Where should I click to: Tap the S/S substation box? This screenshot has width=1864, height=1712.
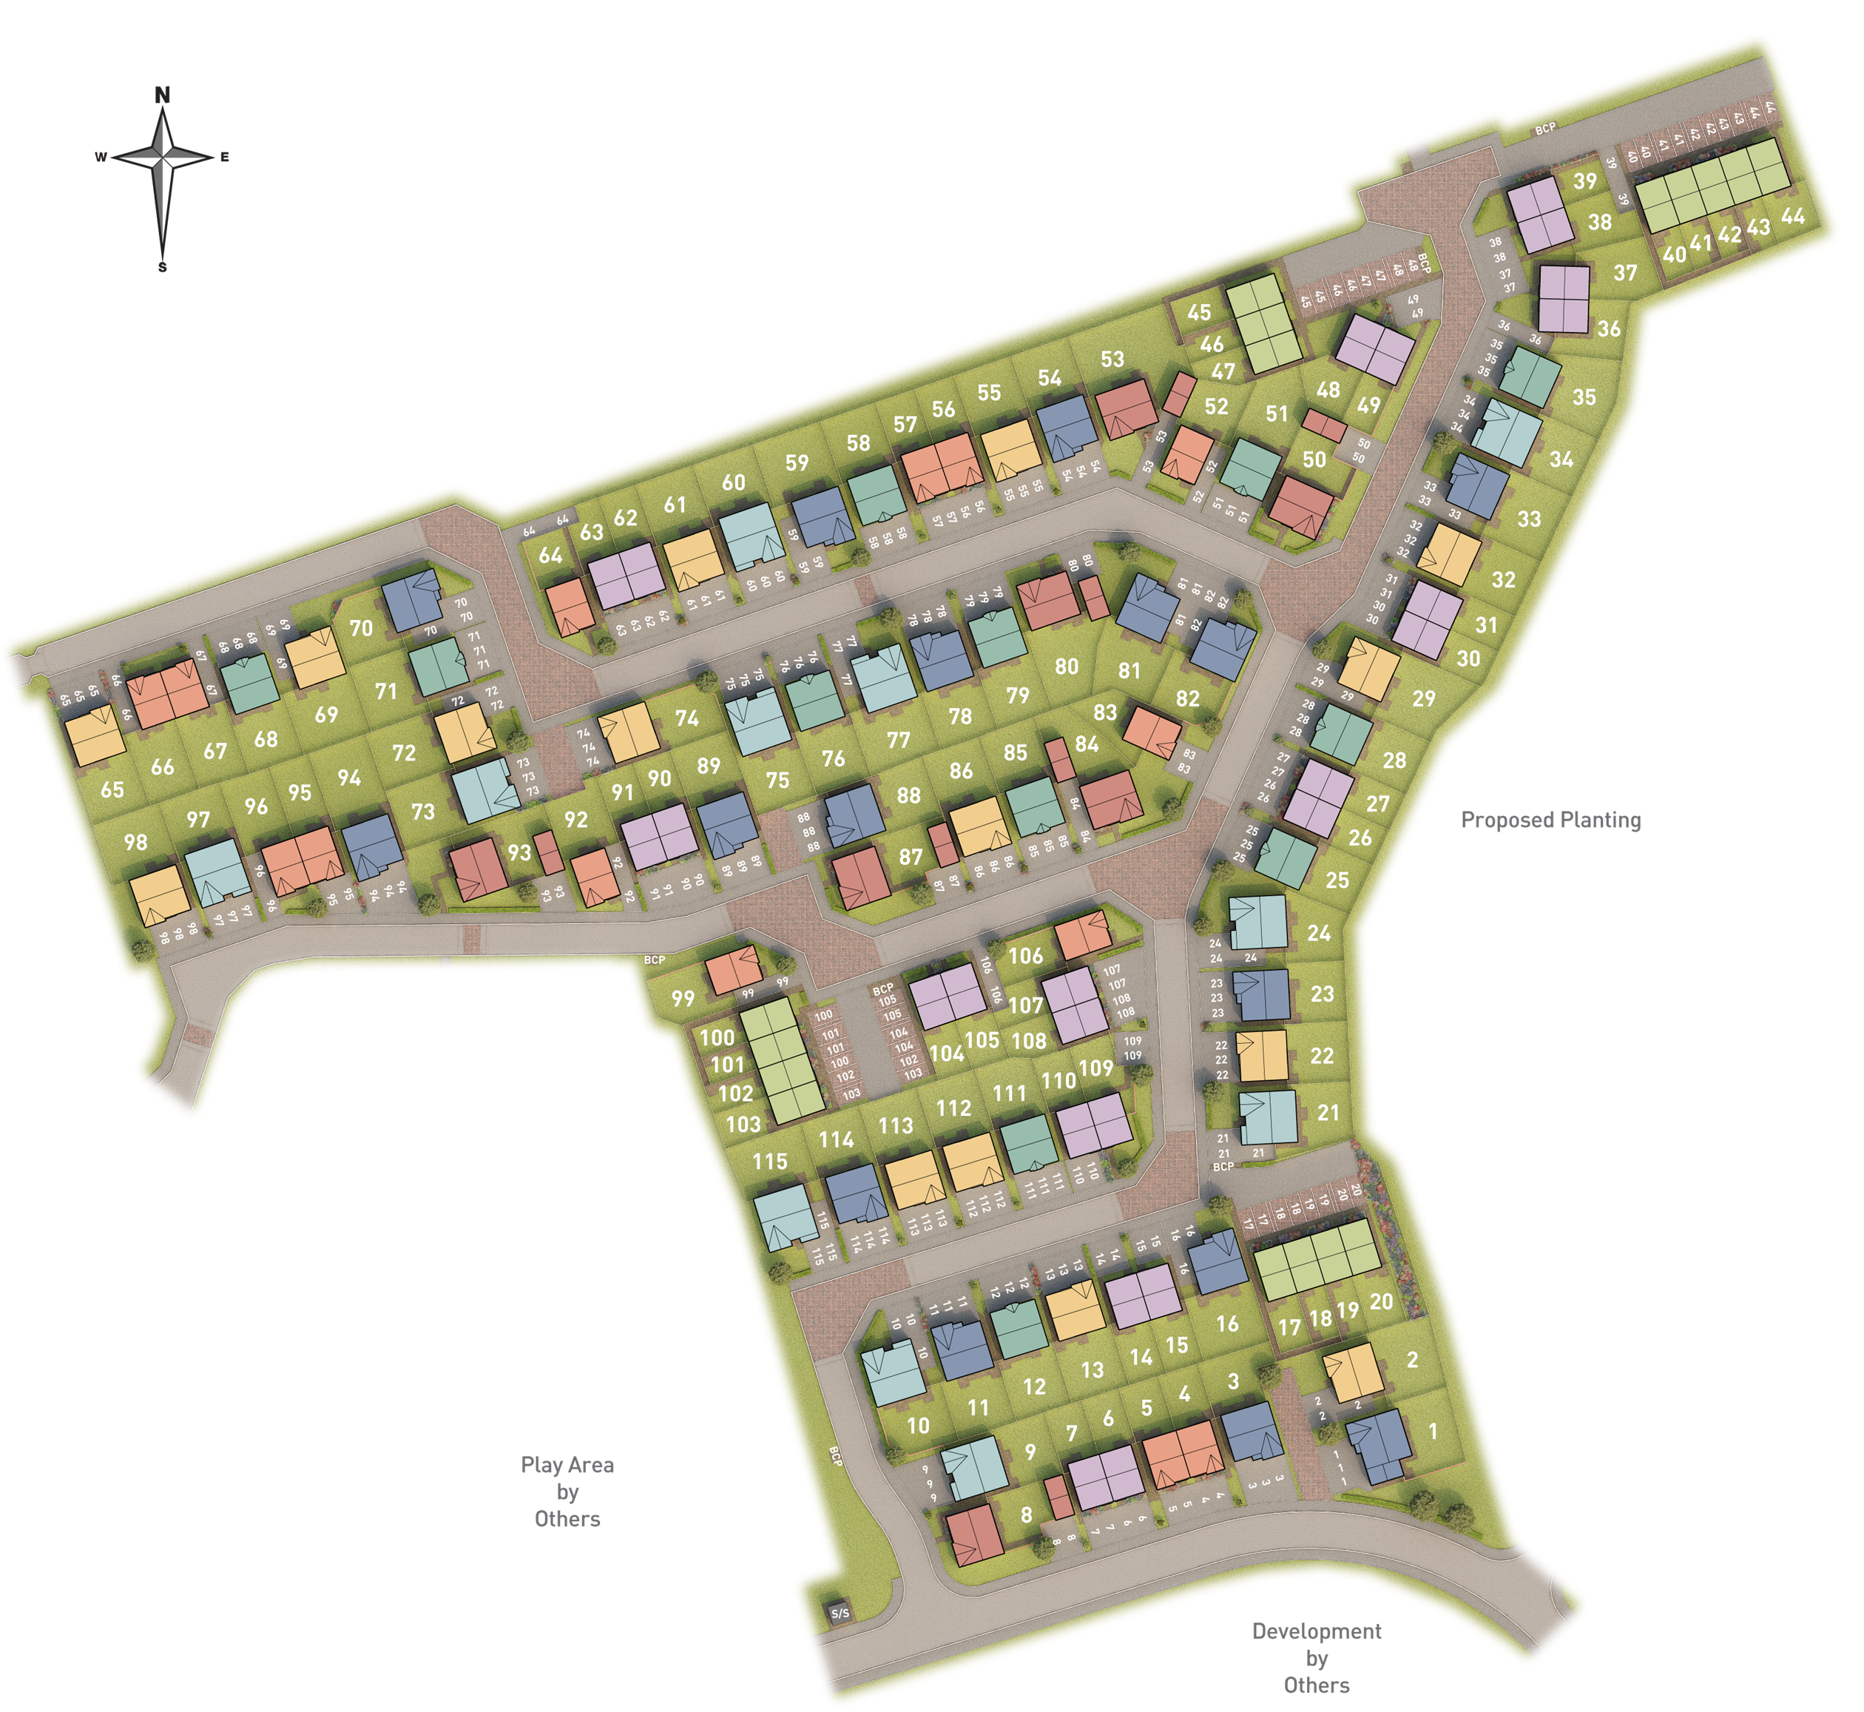pyautogui.click(x=839, y=1613)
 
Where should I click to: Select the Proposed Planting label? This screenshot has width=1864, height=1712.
pyautogui.click(x=1550, y=820)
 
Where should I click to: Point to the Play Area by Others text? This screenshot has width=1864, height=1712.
pyautogui.click(x=567, y=1492)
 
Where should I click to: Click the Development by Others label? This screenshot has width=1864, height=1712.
pyautogui.click(x=1316, y=1658)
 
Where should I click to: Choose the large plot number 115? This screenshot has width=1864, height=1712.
pyautogui.click(x=769, y=1162)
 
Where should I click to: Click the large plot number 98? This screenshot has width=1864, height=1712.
pyautogui.click(x=135, y=842)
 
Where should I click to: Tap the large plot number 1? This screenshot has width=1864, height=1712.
pyautogui.click(x=1433, y=1432)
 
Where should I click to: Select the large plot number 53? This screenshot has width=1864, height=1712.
pyautogui.click(x=1112, y=360)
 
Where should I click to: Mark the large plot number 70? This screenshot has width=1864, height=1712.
pyautogui.click(x=360, y=628)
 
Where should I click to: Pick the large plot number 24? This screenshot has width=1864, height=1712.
pyautogui.click(x=1319, y=933)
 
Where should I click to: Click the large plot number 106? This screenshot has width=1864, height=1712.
pyautogui.click(x=1025, y=956)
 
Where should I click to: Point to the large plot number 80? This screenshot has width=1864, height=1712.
pyautogui.click(x=1066, y=666)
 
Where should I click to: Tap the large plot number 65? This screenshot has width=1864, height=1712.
pyautogui.click(x=112, y=790)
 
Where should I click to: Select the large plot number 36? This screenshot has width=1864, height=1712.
pyautogui.click(x=1608, y=329)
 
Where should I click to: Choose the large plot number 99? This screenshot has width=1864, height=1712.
pyautogui.click(x=683, y=999)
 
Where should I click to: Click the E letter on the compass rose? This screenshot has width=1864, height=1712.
pyautogui.click(x=224, y=158)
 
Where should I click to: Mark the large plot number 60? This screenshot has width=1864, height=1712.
pyautogui.click(x=732, y=482)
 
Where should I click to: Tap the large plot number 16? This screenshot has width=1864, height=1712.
pyautogui.click(x=1227, y=1324)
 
